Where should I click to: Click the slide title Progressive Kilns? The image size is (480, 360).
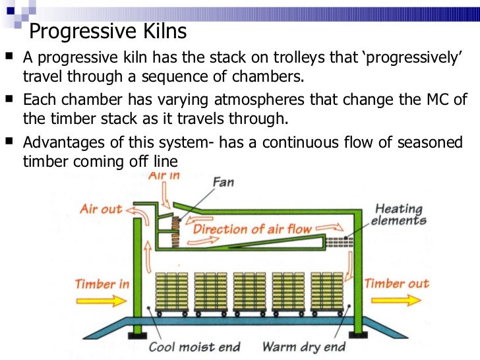click(109, 31)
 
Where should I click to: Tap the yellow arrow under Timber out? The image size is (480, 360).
click(395, 300)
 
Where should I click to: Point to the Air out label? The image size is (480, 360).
click(101, 209)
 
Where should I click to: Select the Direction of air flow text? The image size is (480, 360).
click(251, 229)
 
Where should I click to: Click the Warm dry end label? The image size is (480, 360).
click(303, 346)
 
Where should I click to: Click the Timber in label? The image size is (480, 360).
click(102, 284)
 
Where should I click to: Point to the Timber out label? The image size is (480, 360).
click(396, 284)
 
